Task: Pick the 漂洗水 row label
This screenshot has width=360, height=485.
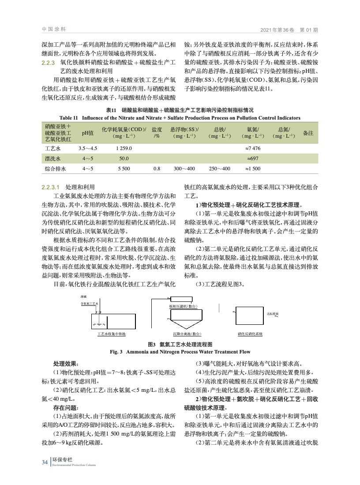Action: [x=52, y=158]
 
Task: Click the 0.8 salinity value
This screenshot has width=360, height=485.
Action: [x=156, y=169]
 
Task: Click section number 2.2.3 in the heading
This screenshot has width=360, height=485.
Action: [x=47, y=63]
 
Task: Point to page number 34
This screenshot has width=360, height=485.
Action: [x=45, y=462]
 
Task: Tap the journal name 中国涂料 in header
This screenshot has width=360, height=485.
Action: [x=54, y=30]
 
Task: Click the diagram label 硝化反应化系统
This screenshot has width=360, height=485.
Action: [x=250, y=334]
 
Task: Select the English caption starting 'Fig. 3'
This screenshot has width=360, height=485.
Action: [x=180, y=352]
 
